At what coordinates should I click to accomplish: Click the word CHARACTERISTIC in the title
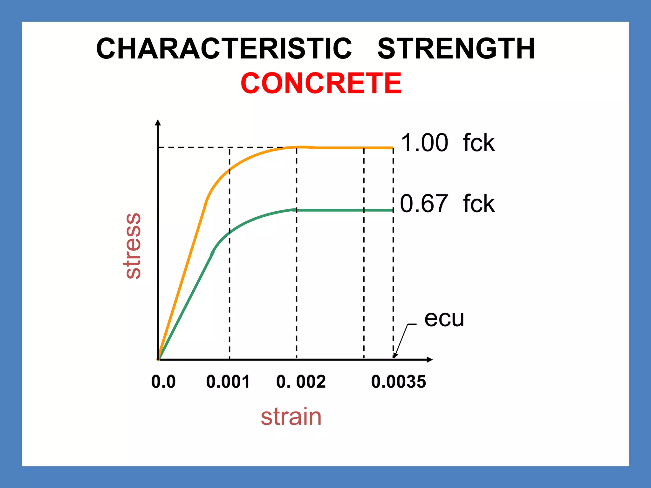[224, 49]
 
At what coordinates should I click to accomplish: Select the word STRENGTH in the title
[456, 49]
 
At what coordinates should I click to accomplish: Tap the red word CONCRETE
[321, 83]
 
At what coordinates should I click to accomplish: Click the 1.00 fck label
[448, 143]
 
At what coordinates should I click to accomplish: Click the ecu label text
[444, 318]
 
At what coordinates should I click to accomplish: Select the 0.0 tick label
[163, 382]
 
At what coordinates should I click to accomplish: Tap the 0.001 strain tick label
[228, 382]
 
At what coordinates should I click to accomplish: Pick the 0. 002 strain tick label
[301, 382]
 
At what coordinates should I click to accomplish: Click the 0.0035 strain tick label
[398, 382]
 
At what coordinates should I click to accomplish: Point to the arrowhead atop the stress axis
[158, 122]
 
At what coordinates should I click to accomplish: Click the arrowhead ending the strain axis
[429, 360]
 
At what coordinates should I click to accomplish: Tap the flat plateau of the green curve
[343, 210]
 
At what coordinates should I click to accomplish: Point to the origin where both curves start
[158, 359]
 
